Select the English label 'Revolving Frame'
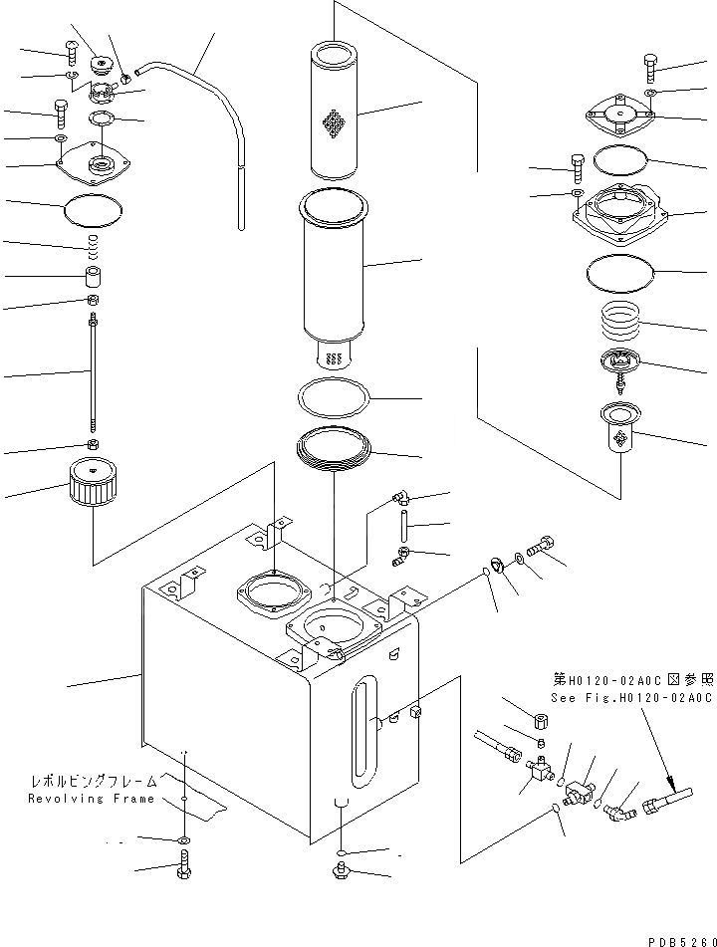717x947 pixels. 91,799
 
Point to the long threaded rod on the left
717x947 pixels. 92,373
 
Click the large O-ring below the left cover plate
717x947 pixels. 92,210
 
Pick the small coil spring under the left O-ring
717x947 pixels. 92,242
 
